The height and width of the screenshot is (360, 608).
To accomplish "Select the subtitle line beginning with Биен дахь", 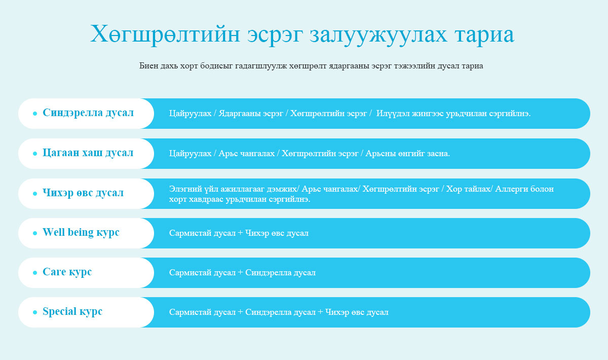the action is (311, 66).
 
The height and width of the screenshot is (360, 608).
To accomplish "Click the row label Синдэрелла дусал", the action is (88, 113).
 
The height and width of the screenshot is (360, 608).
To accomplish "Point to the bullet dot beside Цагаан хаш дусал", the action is (35, 154).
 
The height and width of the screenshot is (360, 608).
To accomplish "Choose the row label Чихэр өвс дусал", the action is (83, 193).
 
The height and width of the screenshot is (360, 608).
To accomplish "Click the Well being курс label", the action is (81, 233).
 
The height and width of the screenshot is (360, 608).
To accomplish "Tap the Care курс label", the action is (67, 272).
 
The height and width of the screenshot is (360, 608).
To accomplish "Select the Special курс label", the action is (72, 312).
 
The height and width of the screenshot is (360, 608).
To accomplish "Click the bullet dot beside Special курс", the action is (35, 312).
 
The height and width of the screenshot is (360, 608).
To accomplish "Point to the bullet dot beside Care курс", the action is (35, 273).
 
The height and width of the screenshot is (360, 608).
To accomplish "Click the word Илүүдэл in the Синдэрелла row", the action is (393, 114).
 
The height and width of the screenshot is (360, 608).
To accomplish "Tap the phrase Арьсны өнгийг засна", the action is (408, 154).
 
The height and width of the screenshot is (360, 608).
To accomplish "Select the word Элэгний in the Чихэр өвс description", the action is (185, 189).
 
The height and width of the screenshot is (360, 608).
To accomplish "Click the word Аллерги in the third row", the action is (510, 189).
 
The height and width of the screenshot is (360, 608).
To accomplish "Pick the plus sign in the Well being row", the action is (240, 233).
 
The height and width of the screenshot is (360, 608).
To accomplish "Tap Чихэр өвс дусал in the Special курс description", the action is (357, 312).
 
